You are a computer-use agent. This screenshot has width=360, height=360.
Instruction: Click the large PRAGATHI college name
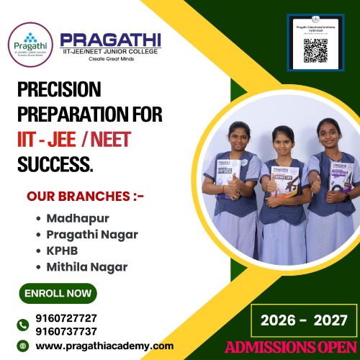111,40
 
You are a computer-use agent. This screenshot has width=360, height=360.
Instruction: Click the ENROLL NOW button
58,293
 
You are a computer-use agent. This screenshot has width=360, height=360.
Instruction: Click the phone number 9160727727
66,318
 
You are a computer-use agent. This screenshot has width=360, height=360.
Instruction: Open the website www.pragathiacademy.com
104,346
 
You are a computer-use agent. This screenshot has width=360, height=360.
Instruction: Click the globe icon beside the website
24,346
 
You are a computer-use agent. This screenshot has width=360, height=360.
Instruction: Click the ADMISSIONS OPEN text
290,347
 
